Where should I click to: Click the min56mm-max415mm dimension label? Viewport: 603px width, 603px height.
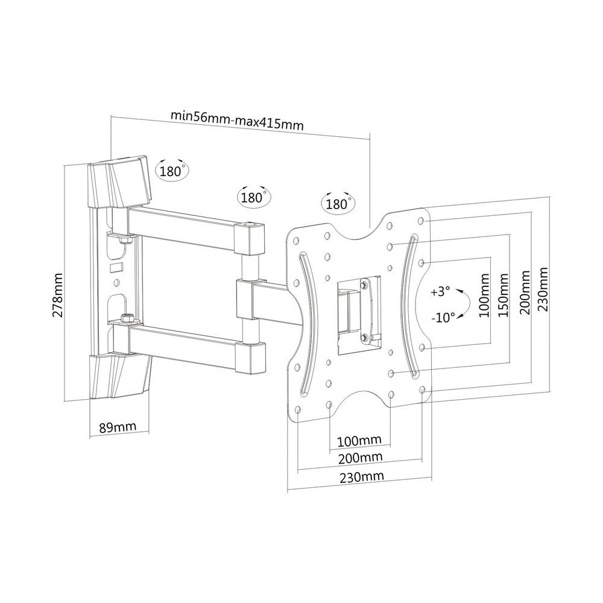pyautogui.click(x=237, y=119)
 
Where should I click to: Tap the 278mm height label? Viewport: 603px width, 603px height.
pyautogui.click(x=57, y=295)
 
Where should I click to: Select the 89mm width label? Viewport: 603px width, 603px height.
pyautogui.click(x=118, y=428)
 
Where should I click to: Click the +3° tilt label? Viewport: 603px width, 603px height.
pyautogui.click(x=440, y=291)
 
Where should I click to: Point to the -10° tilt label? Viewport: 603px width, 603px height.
pyautogui.click(x=443, y=318)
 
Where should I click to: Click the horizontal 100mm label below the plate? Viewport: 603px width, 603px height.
pyautogui.click(x=359, y=441)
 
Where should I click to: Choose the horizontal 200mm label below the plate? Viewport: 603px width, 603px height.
pyautogui.click(x=361, y=458)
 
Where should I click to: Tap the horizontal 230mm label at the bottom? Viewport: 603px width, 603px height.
pyautogui.click(x=361, y=477)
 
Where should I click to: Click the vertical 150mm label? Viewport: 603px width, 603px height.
pyautogui.click(x=504, y=295)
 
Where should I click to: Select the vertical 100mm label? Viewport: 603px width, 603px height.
pyautogui.click(x=484, y=295)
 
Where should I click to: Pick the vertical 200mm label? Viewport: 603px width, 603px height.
pyautogui.click(x=525, y=292)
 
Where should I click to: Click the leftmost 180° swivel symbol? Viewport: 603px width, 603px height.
pyautogui.click(x=172, y=169)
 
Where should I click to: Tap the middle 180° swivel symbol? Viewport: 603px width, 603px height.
pyautogui.click(x=254, y=196)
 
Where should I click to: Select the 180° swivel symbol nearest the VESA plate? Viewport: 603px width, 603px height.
pyautogui.click(x=338, y=202)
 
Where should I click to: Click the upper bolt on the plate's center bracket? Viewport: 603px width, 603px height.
pyautogui.click(x=364, y=285)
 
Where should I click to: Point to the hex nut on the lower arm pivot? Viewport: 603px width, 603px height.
pyautogui.click(x=127, y=318)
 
